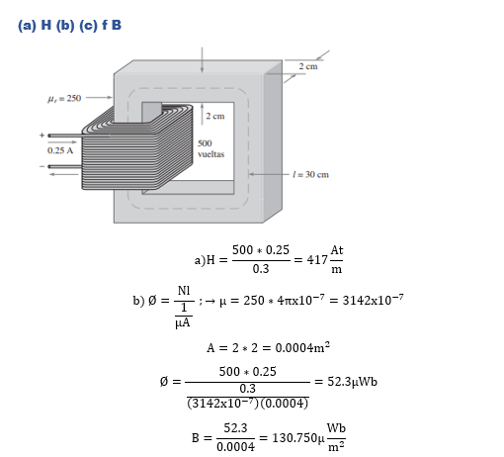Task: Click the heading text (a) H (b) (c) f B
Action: click(69, 26)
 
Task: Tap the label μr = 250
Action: click(64, 98)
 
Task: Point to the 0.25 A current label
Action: click(60, 150)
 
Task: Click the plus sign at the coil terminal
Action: click(42, 136)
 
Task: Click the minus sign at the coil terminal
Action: click(42, 166)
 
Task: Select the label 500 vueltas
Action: click(210, 148)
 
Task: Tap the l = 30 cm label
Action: click(310, 174)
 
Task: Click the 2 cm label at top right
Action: click(308, 66)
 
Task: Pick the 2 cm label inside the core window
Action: click(215, 116)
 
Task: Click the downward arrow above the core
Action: click(203, 59)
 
